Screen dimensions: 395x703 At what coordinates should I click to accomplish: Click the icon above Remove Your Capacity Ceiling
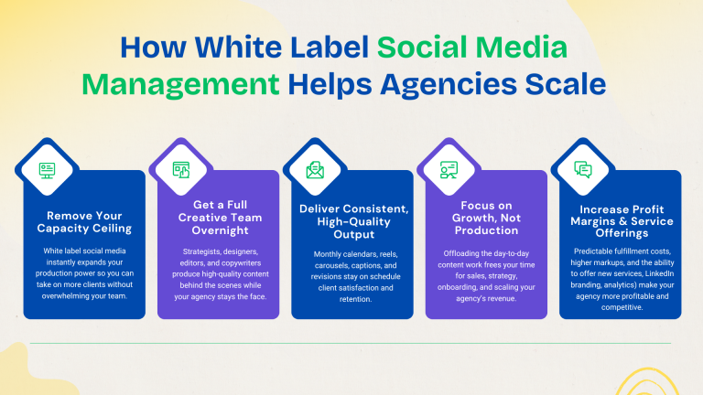click(47, 170)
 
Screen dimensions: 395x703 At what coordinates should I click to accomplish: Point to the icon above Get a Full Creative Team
click(181, 170)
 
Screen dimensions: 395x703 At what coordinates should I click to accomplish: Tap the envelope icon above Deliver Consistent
click(315, 170)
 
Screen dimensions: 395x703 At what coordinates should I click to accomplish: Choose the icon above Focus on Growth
click(449, 170)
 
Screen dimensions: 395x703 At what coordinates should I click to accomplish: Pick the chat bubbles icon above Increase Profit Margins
click(583, 170)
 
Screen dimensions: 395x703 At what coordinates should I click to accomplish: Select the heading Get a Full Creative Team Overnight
click(218, 218)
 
